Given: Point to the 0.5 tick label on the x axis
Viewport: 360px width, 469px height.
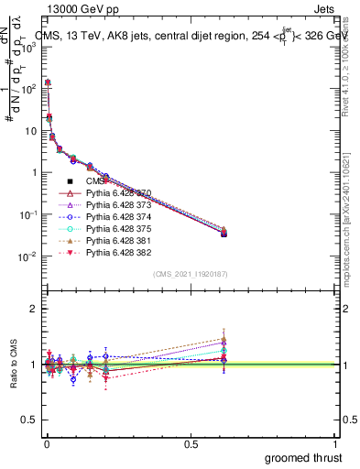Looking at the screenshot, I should [x=191, y=442].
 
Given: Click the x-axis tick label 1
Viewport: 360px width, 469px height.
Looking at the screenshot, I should [x=336, y=442].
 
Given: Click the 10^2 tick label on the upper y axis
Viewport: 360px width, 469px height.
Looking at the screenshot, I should [x=27, y=89].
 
